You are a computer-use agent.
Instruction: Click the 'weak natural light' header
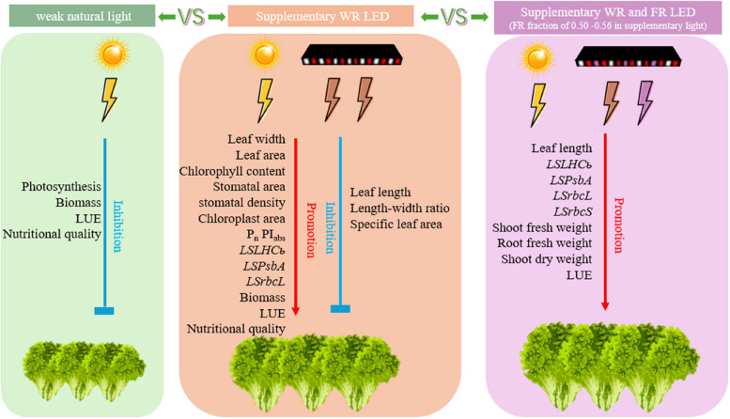point(83,16)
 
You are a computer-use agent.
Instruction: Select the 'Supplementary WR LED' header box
point(320,16)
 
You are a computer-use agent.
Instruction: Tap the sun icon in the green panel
point(112,54)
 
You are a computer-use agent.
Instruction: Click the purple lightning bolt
point(645,103)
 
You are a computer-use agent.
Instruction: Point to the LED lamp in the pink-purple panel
point(628,56)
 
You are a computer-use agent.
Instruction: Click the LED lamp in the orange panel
point(352,54)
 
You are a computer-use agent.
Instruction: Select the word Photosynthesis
point(61,187)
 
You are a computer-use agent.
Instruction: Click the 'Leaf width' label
point(256,139)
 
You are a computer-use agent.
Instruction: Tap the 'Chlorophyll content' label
point(232,171)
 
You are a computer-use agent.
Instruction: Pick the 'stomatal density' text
point(241,203)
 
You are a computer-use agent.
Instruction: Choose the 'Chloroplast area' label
point(241,219)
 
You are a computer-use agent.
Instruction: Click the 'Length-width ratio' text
point(400,209)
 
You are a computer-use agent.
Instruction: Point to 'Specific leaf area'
point(396,225)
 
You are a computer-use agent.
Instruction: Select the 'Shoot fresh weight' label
point(542,227)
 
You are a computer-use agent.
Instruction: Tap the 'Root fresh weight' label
point(544,243)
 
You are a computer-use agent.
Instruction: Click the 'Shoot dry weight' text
point(546,259)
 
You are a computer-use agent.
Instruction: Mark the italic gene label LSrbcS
point(573,211)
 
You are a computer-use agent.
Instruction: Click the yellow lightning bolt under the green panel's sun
point(109,100)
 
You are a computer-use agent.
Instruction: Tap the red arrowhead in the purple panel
point(605,306)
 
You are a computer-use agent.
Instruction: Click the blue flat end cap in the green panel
point(104,311)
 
